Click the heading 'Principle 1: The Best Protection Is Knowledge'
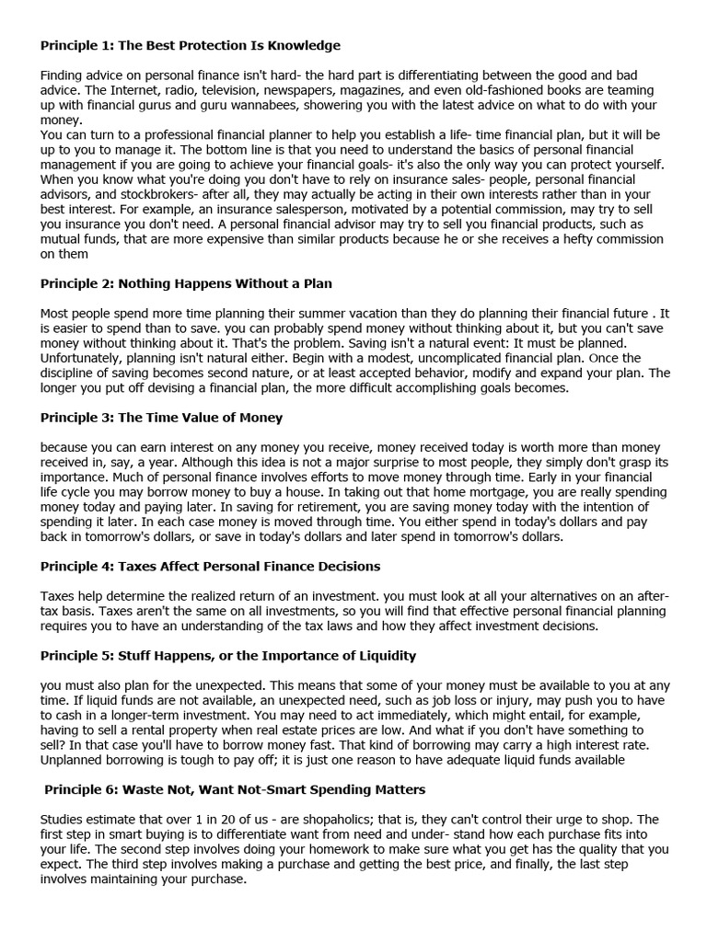(x=190, y=44)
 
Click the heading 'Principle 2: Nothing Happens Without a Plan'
(x=186, y=283)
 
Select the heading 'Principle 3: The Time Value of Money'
(x=161, y=417)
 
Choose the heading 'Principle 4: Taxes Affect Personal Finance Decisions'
(x=210, y=566)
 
